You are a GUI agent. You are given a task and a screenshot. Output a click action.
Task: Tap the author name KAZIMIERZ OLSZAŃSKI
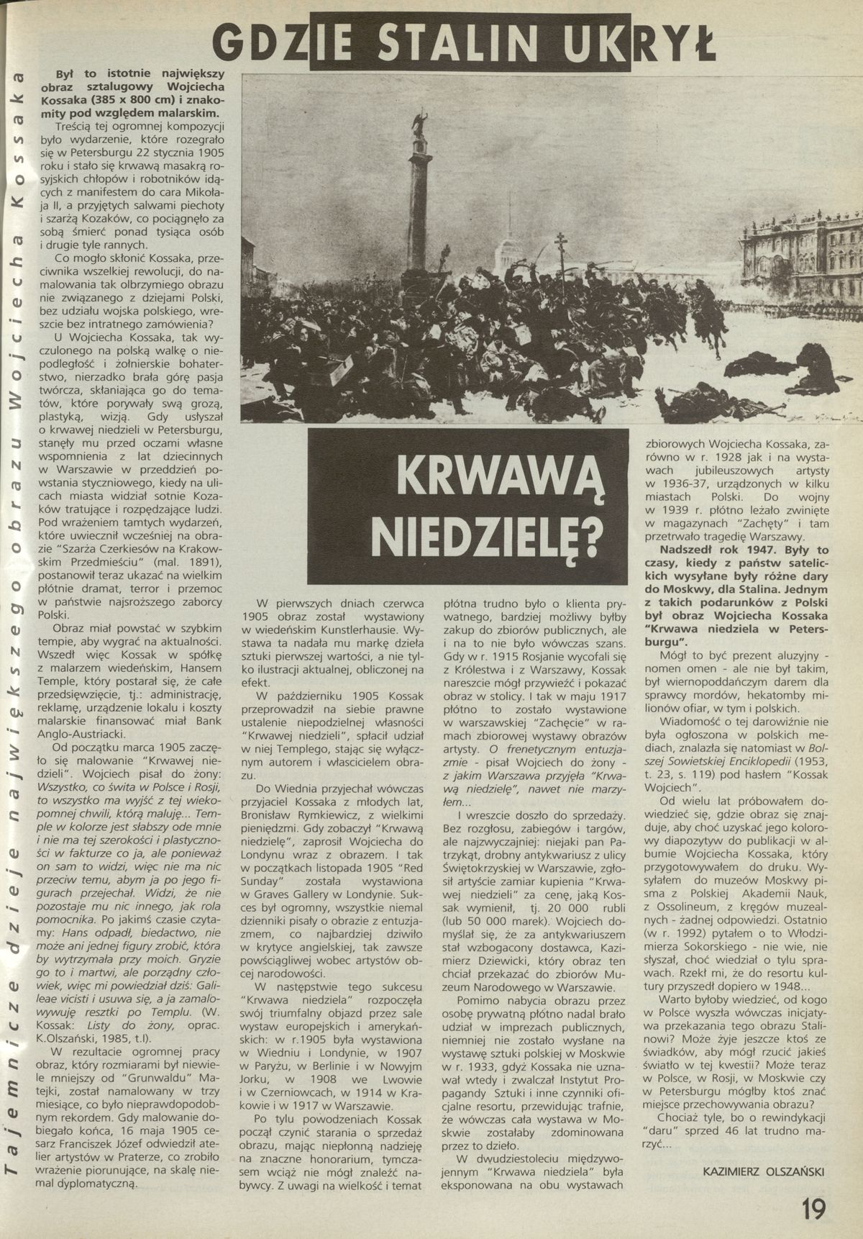pos(762,1171)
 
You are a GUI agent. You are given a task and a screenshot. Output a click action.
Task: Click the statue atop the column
pos(417,120)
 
